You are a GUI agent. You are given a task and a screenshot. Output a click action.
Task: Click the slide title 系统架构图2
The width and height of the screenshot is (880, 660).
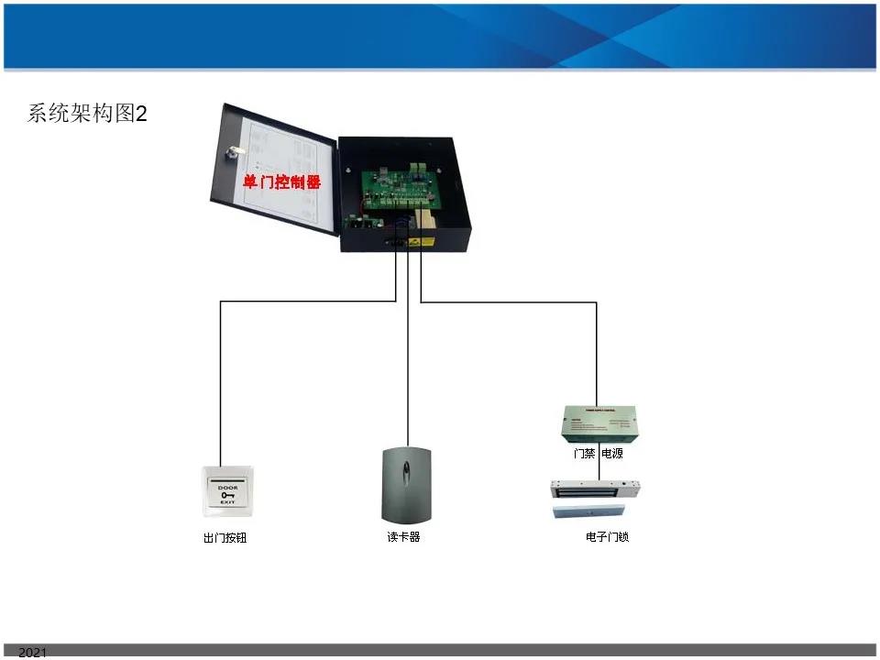tap(87, 114)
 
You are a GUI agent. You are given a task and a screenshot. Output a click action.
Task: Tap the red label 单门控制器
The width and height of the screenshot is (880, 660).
tap(281, 182)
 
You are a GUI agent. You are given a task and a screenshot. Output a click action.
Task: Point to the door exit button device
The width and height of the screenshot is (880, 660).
tap(227, 495)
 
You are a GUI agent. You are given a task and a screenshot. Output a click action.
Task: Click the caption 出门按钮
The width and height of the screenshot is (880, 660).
tap(225, 538)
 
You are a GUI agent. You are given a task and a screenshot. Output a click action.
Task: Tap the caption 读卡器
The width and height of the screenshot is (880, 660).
tap(403, 537)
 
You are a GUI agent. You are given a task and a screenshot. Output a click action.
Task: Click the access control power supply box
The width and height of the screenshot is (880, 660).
tap(599, 423)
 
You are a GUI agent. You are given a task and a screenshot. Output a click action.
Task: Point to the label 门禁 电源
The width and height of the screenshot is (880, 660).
tap(599, 453)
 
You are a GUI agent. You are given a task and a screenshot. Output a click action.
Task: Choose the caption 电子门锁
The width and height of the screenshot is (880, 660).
tap(607, 536)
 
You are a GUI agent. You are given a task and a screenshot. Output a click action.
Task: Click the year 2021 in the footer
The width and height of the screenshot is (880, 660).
tap(32, 653)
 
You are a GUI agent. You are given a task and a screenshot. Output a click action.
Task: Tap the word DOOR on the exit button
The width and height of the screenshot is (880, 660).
tap(227, 487)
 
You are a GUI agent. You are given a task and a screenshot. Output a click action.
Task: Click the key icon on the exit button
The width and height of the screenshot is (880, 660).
tap(227, 495)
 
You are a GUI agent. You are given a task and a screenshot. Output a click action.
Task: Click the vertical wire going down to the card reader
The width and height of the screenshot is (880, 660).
tap(406, 367)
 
